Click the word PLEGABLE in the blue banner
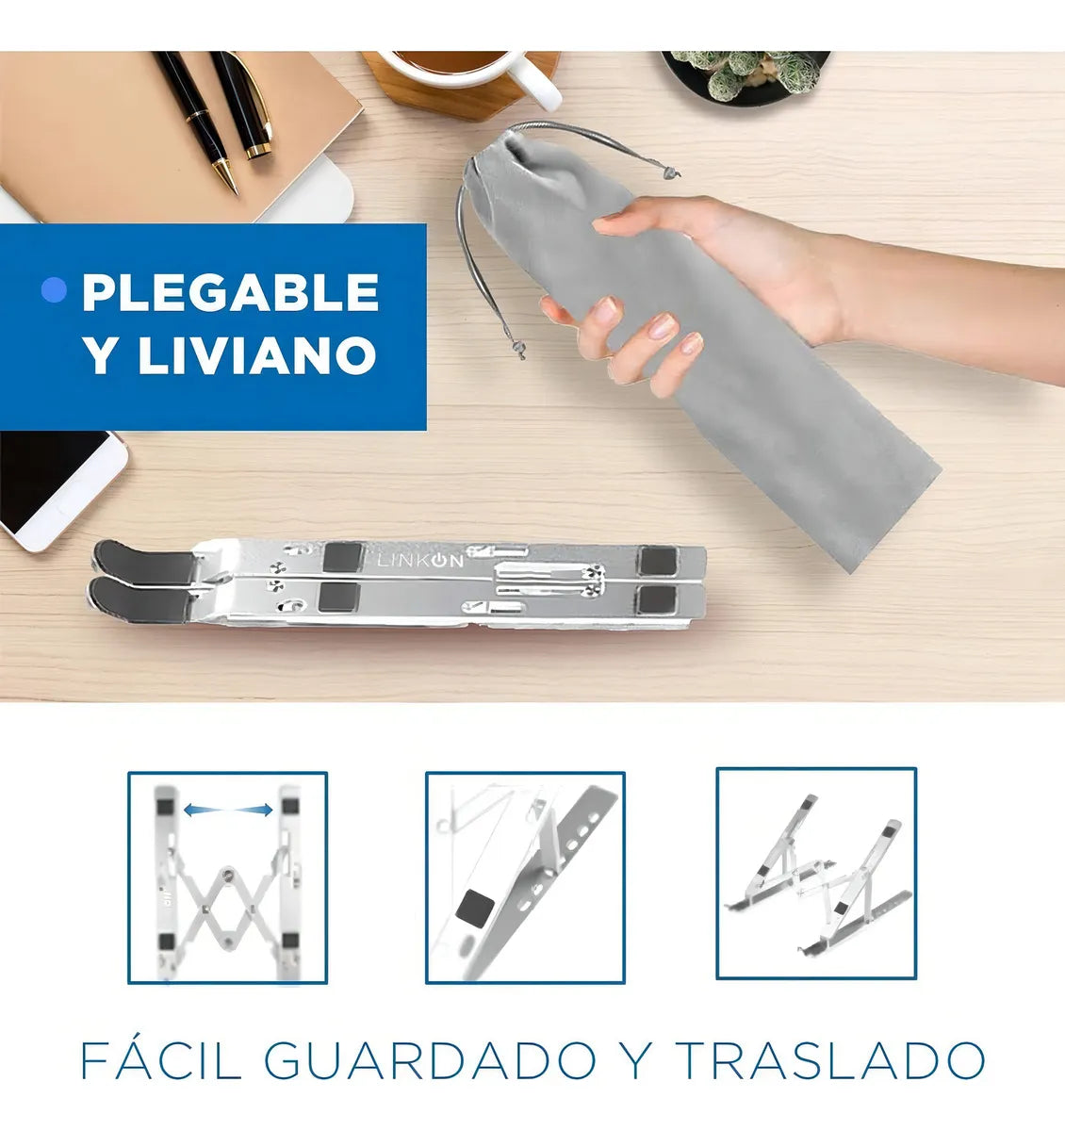point(231,291)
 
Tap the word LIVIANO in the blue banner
point(257,354)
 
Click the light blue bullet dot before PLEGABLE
point(54,290)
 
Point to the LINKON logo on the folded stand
point(421,561)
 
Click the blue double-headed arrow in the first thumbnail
point(228,810)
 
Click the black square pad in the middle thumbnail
point(475,909)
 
